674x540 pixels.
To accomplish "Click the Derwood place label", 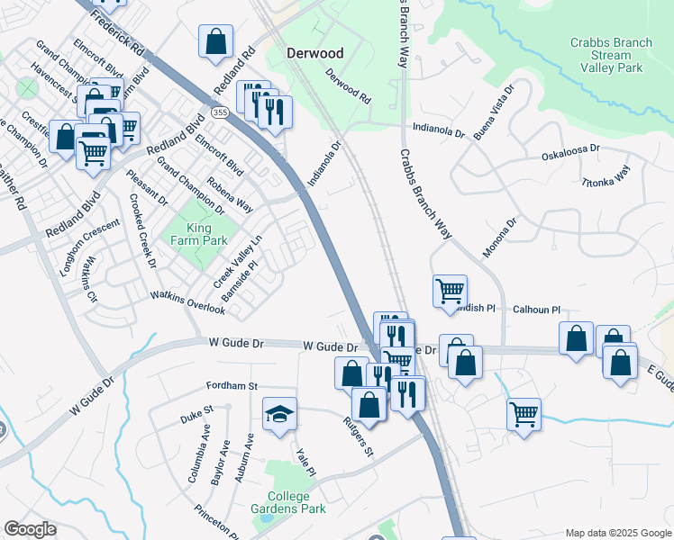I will click(315, 53).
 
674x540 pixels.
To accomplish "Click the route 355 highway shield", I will click(220, 111).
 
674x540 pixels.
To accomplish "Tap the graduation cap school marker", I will click(279, 414).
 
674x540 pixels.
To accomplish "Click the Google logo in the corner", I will click(30, 529).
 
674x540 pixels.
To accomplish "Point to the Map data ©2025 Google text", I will click(617, 533).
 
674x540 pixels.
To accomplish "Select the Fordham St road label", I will click(232, 384).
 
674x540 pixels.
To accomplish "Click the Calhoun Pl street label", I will click(537, 309).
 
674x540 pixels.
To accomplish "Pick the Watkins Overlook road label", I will click(187, 301).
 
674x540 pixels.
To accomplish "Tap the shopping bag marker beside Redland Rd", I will click(216, 41).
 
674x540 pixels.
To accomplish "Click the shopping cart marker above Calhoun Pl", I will click(450, 291).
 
